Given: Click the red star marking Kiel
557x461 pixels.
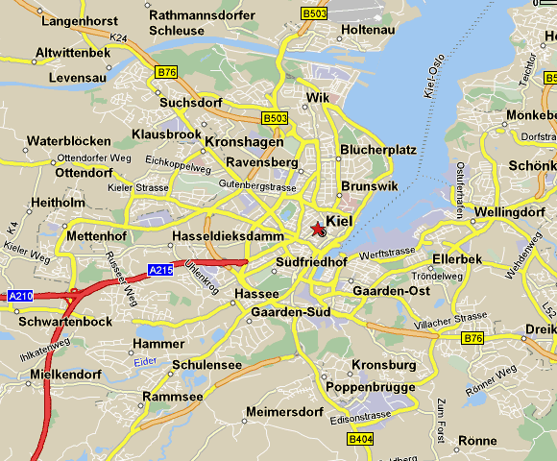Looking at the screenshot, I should [318, 228].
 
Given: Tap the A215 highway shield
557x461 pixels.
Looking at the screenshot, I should [160, 270].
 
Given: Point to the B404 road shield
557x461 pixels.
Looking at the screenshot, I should [360, 439].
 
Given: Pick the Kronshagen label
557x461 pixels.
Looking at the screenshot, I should [244, 141].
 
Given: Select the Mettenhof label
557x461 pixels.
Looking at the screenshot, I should [96, 235].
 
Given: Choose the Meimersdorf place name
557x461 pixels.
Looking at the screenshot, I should [285, 412].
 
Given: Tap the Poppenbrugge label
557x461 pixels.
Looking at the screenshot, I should [371, 387].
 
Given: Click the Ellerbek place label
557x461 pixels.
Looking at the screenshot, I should [458, 259].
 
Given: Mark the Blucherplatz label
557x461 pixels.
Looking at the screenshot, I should [377, 150].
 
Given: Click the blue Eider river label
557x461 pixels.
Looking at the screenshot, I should [145, 360].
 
